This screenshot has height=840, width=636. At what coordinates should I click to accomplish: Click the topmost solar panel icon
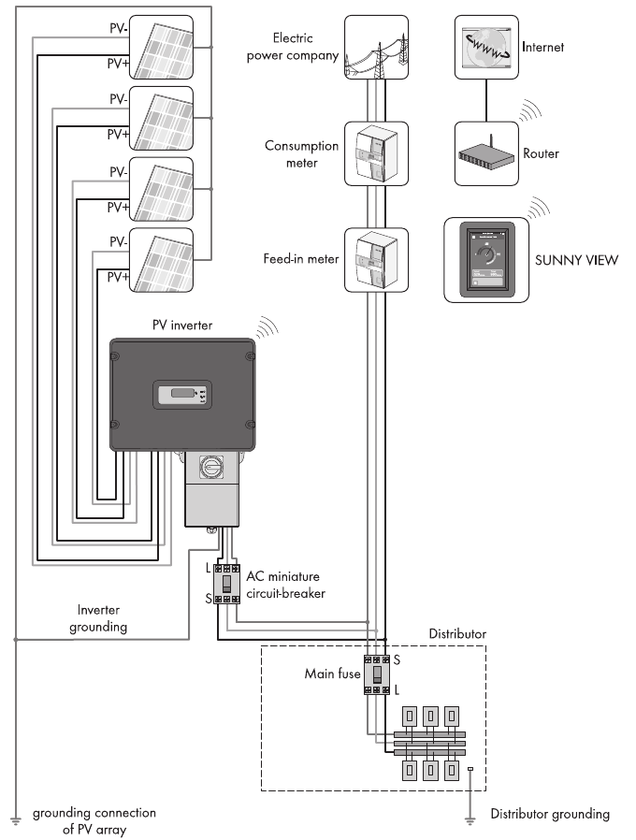pyautogui.click(x=161, y=47)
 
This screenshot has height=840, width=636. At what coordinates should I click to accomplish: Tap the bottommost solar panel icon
pyautogui.click(x=161, y=260)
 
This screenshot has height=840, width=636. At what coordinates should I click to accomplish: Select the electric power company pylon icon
pyautogui.click(x=376, y=46)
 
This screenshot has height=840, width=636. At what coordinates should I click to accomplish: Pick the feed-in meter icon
pyautogui.click(x=376, y=259)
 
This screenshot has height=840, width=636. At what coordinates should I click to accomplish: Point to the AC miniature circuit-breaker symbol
pyautogui.click(x=227, y=584)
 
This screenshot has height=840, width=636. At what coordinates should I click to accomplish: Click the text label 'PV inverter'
pyautogui.click(x=182, y=325)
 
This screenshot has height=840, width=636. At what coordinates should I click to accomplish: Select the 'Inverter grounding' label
pyautogui.click(x=97, y=617)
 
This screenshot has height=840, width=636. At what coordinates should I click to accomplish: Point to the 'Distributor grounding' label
pyautogui.click(x=549, y=814)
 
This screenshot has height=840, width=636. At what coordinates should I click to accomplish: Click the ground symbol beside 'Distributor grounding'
pyautogui.click(x=470, y=818)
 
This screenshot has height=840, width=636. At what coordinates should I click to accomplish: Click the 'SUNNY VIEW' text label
pyautogui.click(x=574, y=260)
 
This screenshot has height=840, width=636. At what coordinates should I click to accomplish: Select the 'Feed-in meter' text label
pyautogui.click(x=300, y=259)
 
